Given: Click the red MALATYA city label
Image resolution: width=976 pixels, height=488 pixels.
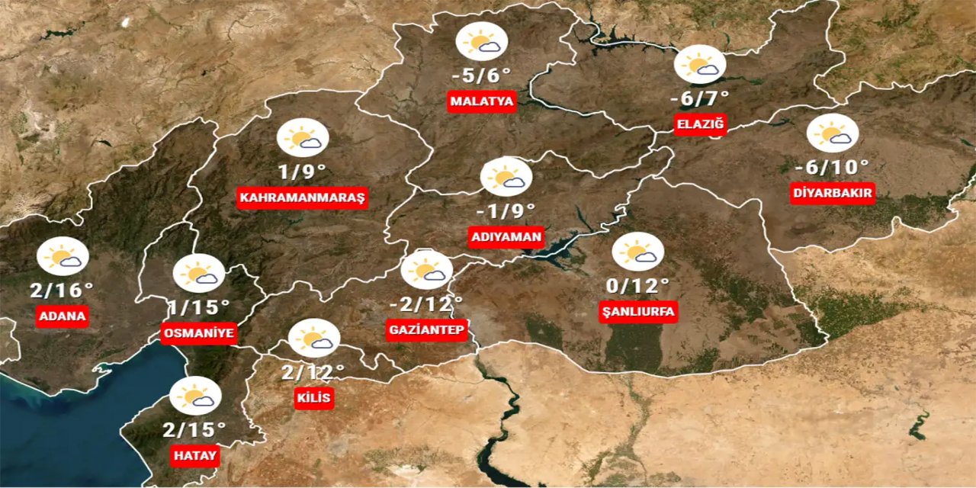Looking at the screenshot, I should click(x=483, y=101).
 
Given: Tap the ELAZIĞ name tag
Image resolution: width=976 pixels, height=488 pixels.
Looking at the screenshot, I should click(x=700, y=124).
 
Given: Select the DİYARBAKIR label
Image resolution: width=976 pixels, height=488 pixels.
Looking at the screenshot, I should click(x=832, y=193).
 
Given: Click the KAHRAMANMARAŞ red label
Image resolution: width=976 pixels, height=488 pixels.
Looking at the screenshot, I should click(x=303, y=198).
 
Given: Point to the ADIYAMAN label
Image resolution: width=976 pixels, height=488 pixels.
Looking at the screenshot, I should click(x=506, y=236).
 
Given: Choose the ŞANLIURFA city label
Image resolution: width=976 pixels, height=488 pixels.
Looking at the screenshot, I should click(x=637, y=311).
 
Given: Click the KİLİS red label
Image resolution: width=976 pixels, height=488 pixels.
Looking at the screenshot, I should click(x=314, y=397).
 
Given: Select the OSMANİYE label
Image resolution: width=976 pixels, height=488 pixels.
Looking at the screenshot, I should click(x=198, y=333).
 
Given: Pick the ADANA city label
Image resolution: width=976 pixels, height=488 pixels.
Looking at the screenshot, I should click(x=62, y=316).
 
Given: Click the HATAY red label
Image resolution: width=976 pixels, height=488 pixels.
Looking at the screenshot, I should click(x=194, y=456).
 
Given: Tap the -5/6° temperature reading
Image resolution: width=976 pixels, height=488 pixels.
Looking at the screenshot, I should click(x=480, y=76).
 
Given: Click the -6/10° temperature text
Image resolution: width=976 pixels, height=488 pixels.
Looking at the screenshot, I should click(x=832, y=167).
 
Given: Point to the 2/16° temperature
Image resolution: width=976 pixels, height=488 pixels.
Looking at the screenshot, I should click(x=63, y=290).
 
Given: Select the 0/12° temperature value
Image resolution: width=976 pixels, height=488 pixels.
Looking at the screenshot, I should click(x=637, y=286).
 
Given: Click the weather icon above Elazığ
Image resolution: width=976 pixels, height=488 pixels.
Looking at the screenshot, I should click(x=700, y=65).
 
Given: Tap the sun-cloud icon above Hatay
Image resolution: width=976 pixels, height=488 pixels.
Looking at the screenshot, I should click(x=195, y=396).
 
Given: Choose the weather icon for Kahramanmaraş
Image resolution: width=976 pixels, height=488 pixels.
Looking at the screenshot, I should click(x=303, y=138).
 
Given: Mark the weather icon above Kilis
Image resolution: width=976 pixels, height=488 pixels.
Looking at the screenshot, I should click(x=313, y=339).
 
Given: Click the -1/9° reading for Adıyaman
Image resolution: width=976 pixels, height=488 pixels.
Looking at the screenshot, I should click(x=506, y=210).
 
